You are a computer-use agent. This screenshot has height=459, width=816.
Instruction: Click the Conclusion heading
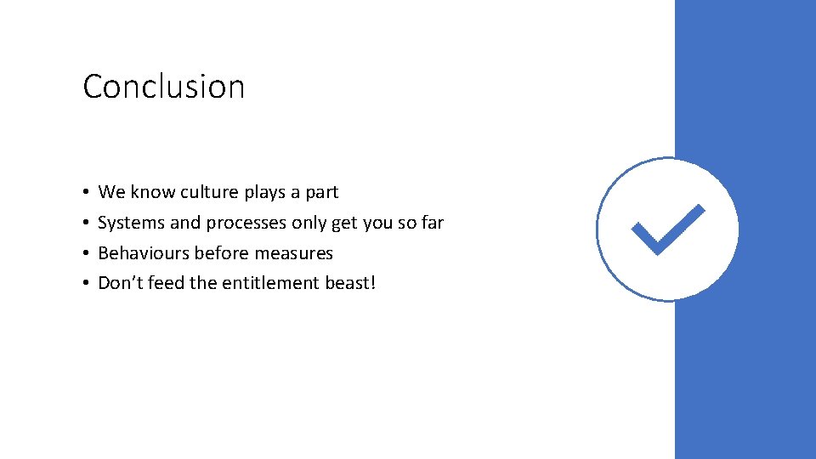click(x=164, y=87)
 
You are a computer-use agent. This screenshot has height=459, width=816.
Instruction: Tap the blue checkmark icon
click(x=668, y=229)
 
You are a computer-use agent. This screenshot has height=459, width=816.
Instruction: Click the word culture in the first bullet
click(x=209, y=192)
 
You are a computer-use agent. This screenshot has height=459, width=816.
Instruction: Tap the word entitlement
click(x=271, y=283)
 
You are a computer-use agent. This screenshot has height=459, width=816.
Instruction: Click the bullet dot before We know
click(x=88, y=193)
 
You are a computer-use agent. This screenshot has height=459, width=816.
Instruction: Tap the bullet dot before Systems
click(x=88, y=224)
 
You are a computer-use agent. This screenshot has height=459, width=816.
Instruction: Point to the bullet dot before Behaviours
click(x=88, y=254)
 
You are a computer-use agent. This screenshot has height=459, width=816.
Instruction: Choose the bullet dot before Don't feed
click(x=88, y=284)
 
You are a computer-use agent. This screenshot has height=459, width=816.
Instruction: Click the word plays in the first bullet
click(x=265, y=193)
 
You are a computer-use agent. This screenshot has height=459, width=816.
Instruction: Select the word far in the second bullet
click(x=433, y=223)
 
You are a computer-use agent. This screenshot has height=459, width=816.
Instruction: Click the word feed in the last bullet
click(x=166, y=283)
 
